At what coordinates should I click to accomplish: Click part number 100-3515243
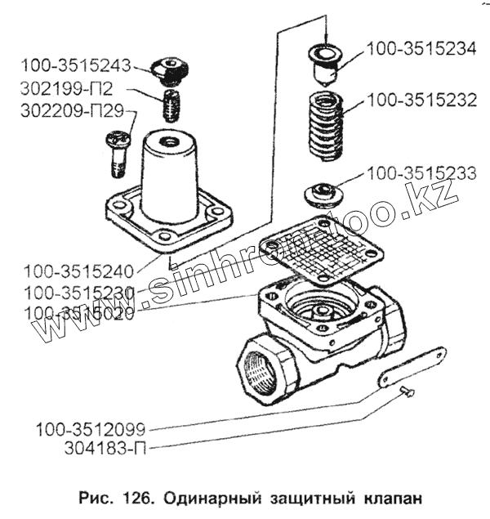(76, 65)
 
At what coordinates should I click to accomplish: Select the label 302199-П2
(66, 88)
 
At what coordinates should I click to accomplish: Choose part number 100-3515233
(422, 173)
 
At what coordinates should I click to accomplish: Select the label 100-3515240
(78, 271)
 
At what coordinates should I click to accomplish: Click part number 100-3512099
(91, 429)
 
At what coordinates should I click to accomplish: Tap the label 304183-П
(105, 449)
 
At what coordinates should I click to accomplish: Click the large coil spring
(326, 127)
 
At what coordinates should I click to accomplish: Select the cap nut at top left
(171, 71)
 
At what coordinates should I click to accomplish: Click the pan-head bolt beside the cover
(118, 153)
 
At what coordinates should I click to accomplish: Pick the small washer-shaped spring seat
(323, 195)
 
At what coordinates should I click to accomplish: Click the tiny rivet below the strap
(408, 391)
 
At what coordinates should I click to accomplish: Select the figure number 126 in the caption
(138, 497)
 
